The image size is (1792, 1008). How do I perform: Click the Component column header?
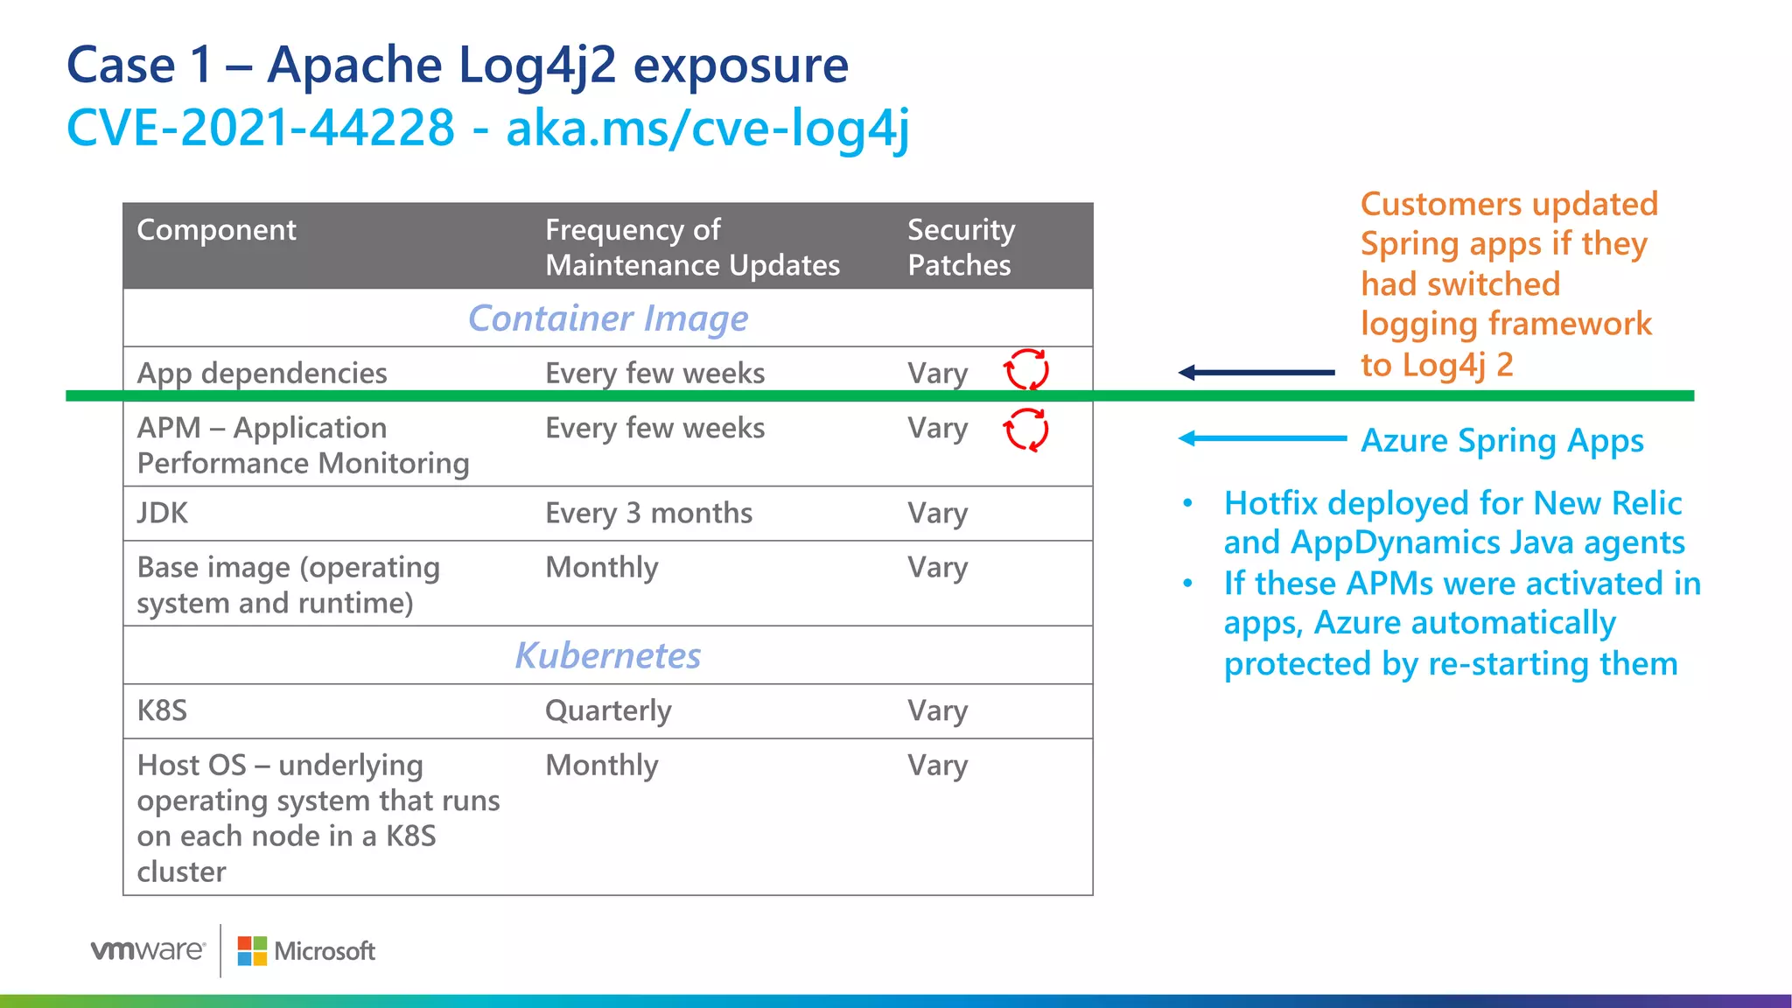click(x=216, y=230)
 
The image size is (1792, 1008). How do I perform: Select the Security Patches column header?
click(x=961, y=247)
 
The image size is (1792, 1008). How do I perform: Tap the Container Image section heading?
click(x=608, y=318)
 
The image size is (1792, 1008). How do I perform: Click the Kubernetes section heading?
click(x=608, y=655)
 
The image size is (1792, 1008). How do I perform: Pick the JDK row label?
click(x=163, y=513)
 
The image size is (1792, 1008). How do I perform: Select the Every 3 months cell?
click(x=648, y=513)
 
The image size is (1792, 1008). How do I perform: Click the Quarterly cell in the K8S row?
click(x=608, y=710)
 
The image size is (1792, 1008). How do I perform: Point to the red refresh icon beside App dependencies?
click(x=1025, y=369)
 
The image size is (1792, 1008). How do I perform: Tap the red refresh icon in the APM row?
click(x=1025, y=430)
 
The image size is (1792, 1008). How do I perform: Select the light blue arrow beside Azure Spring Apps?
click(x=1262, y=438)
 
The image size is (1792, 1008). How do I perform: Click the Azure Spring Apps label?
click(x=1501, y=441)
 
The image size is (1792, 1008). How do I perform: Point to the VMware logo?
click(x=148, y=950)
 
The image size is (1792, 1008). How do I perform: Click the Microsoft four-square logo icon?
click(x=252, y=951)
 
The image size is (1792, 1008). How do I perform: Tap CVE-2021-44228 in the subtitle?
click(x=261, y=128)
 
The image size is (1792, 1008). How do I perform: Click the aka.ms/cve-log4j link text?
click(x=708, y=128)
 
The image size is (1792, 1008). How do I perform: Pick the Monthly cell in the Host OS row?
click(x=601, y=766)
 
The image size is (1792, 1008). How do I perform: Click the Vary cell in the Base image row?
click(x=937, y=568)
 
